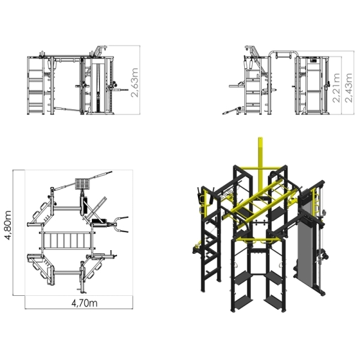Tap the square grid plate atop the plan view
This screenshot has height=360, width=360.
[82, 182]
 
